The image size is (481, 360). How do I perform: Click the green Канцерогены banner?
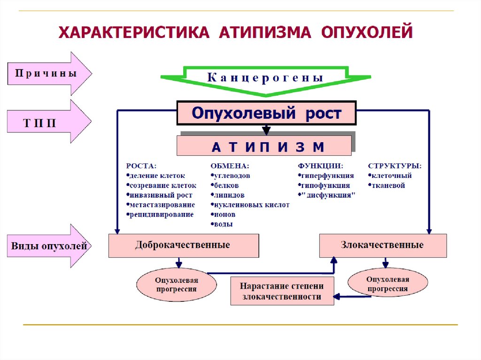[x=266, y=78]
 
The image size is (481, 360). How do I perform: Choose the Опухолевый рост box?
[x=266, y=113]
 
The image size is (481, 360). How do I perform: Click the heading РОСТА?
[x=141, y=166]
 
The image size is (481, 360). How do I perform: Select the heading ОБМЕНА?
[x=230, y=166]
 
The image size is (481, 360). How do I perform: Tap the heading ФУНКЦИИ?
[x=320, y=166]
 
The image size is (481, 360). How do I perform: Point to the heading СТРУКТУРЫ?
[x=395, y=166]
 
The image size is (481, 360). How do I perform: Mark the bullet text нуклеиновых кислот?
[x=251, y=205]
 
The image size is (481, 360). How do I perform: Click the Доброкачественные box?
[x=183, y=245]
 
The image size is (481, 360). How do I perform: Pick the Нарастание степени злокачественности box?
[x=282, y=291]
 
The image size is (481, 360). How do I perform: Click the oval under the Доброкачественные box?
[x=177, y=285]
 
